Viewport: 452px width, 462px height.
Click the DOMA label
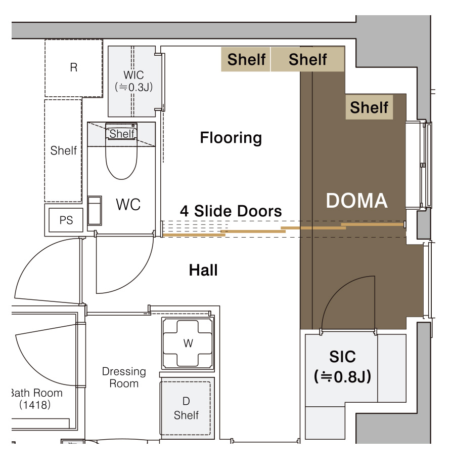pyautogui.click(x=356, y=201)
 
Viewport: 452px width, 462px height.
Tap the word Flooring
pyautogui.click(x=231, y=138)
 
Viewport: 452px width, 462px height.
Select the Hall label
pyautogui.click(x=203, y=270)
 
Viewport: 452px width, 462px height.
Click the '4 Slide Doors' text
pyautogui.click(x=231, y=211)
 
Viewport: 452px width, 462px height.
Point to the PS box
pyautogui.click(x=66, y=220)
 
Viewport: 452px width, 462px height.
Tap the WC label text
pyautogui.click(x=128, y=205)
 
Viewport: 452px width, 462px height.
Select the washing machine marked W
pyautogui.click(x=188, y=343)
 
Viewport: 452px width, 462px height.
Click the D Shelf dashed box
pyautogui.click(x=185, y=408)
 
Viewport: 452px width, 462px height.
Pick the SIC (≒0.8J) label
pyautogui.click(x=342, y=367)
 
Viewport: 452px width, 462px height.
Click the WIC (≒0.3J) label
pyautogui.click(x=134, y=81)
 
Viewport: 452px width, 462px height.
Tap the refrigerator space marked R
pyautogui.click(x=74, y=68)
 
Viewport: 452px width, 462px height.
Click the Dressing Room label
pyautogui.click(x=124, y=377)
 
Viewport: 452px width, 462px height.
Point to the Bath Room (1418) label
pyautogui.click(x=36, y=399)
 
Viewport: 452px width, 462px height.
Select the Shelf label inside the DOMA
pyautogui.click(x=369, y=107)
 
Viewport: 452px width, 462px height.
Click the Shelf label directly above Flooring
pyautogui.click(x=246, y=59)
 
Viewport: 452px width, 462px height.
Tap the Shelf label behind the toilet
pyautogui.click(x=122, y=134)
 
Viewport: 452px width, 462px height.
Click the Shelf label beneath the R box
pyautogui.click(x=63, y=150)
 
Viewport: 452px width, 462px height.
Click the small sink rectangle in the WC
pyautogui.click(x=95, y=210)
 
